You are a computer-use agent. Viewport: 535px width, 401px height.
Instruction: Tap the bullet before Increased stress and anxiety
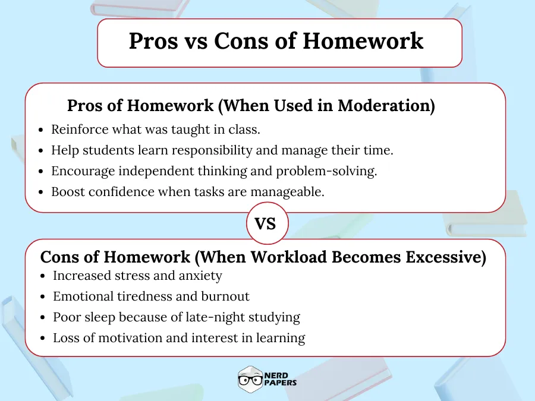[45, 276]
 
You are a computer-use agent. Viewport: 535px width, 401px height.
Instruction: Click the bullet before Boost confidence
[40, 192]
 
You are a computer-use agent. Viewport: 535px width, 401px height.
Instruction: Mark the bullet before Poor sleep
[45, 318]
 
